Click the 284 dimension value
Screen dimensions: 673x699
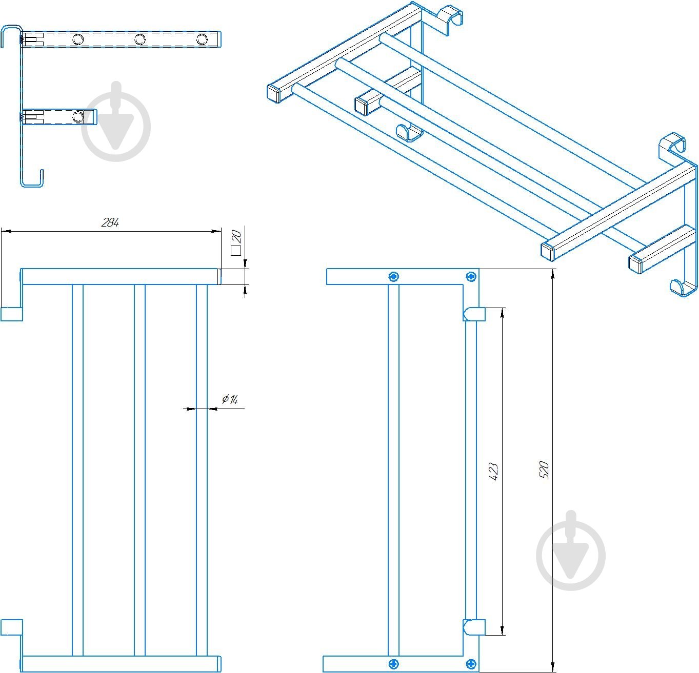click(x=110, y=222)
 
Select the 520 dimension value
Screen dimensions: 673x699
click(x=545, y=470)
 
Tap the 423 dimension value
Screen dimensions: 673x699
click(x=493, y=471)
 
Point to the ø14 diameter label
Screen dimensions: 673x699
click(x=229, y=399)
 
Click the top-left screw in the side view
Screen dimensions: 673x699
click(x=393, y=277)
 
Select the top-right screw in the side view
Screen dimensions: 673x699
click(x=471, y=277)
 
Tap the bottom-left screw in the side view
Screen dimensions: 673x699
click(x=393, y=664)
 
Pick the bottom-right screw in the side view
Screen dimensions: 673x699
click(x=471, y=664)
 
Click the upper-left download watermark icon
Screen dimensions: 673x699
click(x=116, y=121)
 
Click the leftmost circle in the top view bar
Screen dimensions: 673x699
click(x=78, y=39)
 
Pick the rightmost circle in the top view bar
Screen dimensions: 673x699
click(x=202, y=39)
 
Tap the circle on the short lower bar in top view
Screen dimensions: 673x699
click(x=78, y=116)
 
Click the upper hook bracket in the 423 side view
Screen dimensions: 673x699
click(x=474, y=314)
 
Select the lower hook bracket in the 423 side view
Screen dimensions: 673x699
click(x=474, y=627)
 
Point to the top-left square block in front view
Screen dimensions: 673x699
click(x=11, y=314)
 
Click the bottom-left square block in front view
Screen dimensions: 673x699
click(x=11, y=627)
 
